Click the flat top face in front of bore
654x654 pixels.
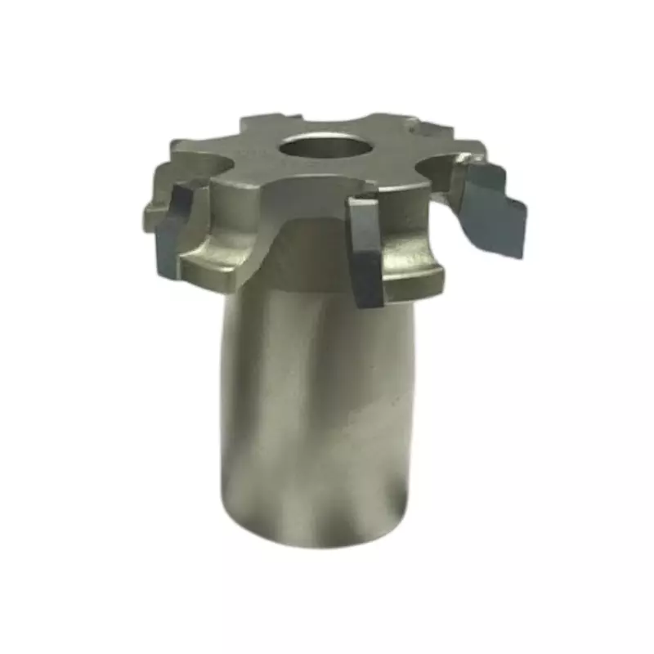tap(319, 180)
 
